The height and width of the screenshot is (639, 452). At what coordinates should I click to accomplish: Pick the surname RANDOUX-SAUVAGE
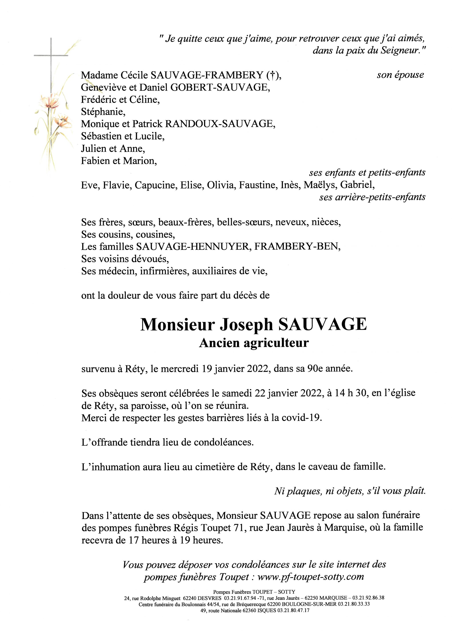tap(220, 124)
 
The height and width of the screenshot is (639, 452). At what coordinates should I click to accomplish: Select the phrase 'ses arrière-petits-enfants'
tap(372, 197)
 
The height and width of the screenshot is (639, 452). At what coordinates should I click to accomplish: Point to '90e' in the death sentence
tap(316, 369)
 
